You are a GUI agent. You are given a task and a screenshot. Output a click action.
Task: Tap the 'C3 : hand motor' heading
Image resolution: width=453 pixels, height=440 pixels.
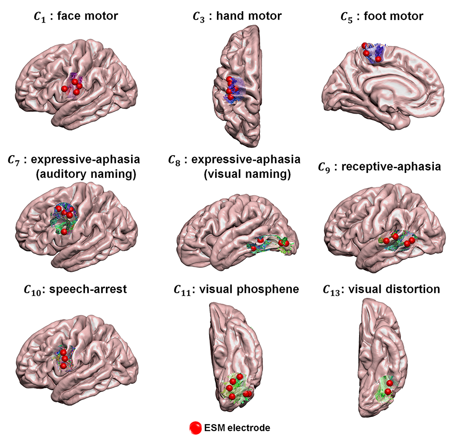click(x=237, y=17)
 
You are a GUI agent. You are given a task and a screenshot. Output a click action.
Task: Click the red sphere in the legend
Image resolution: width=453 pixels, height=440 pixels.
click(x=195, y=427)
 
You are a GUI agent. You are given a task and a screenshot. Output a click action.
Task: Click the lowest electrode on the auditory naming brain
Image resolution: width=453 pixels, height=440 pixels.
click(x=64, y=231)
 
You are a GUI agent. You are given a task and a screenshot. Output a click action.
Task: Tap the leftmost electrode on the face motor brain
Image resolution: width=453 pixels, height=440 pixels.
click(x=65, y=88)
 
